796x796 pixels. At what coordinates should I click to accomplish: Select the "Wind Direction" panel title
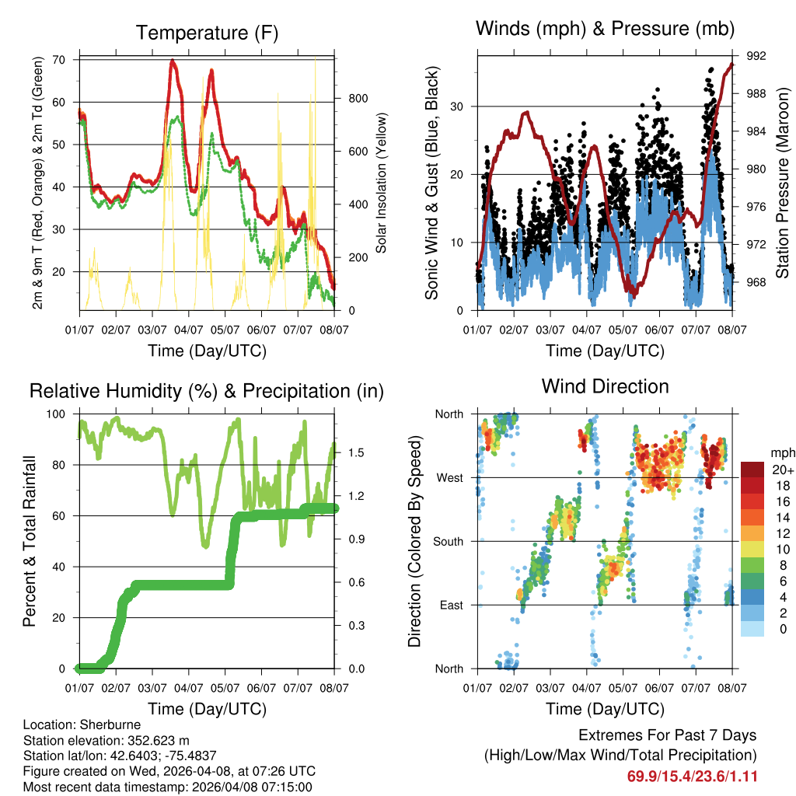pyautogui.click(x=605, y=386)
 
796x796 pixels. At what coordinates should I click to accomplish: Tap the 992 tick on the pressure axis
pyautogui.click(x=756, y=56)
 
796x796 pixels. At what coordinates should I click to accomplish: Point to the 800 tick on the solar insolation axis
pyautogui.click(x=358, y=99)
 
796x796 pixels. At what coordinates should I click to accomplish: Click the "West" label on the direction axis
pyautogui.click(x=449, y=477)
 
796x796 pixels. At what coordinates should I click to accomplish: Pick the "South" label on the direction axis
pyautogui.click(x=448, y=541)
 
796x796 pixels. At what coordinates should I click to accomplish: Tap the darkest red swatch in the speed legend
pyautogui.click(x=752, y=470)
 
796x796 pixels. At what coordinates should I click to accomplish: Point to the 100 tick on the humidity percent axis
pyautogui.click(x=57, y=414)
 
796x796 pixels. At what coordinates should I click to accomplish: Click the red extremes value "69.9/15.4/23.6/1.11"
pyautogui.click(x=691, y=776)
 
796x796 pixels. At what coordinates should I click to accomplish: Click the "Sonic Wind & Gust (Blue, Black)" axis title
pyautogui.click(x=432, y=183)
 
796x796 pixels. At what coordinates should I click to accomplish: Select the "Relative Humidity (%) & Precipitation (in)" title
pyautogui.click(x=206, y=391)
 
